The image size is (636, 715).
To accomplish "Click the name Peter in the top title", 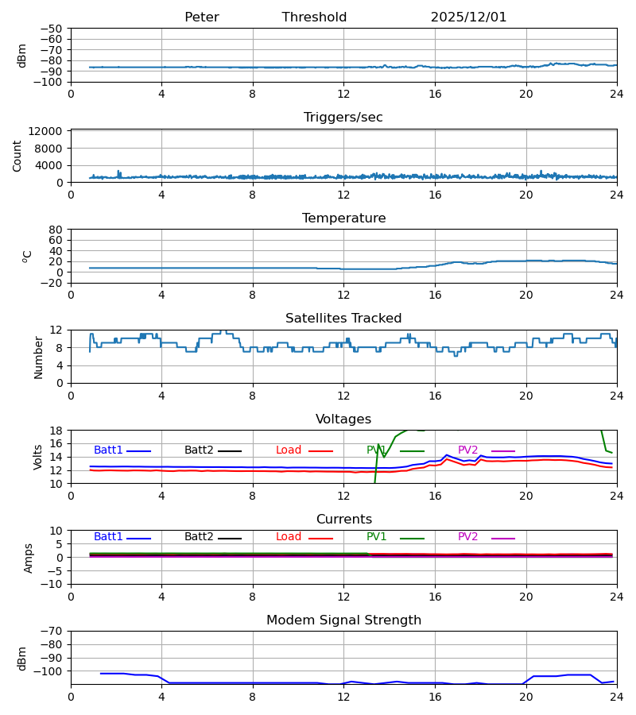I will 201,17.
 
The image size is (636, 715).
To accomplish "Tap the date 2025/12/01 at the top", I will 468,17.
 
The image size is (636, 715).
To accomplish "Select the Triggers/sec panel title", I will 343,118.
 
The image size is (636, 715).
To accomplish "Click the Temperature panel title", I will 343,218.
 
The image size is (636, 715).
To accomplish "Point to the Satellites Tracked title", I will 343,319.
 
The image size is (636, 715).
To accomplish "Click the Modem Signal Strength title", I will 343,620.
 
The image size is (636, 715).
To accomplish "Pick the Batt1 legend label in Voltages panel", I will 108,450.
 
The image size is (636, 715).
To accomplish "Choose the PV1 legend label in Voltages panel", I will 376,450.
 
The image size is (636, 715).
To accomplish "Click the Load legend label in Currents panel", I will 289,537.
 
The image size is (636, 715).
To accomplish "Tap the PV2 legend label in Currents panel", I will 468,537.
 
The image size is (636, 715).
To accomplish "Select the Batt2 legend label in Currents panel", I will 199,537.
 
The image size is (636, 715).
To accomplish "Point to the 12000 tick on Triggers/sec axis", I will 48,131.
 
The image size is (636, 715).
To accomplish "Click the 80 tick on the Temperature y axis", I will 56,230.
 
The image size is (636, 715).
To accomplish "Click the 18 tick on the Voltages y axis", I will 56,431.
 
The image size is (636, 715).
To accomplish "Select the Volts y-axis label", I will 38,457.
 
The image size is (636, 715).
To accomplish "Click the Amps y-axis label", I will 29,557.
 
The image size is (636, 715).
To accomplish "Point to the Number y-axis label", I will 38,357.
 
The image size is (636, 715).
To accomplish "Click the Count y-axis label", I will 17,156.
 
